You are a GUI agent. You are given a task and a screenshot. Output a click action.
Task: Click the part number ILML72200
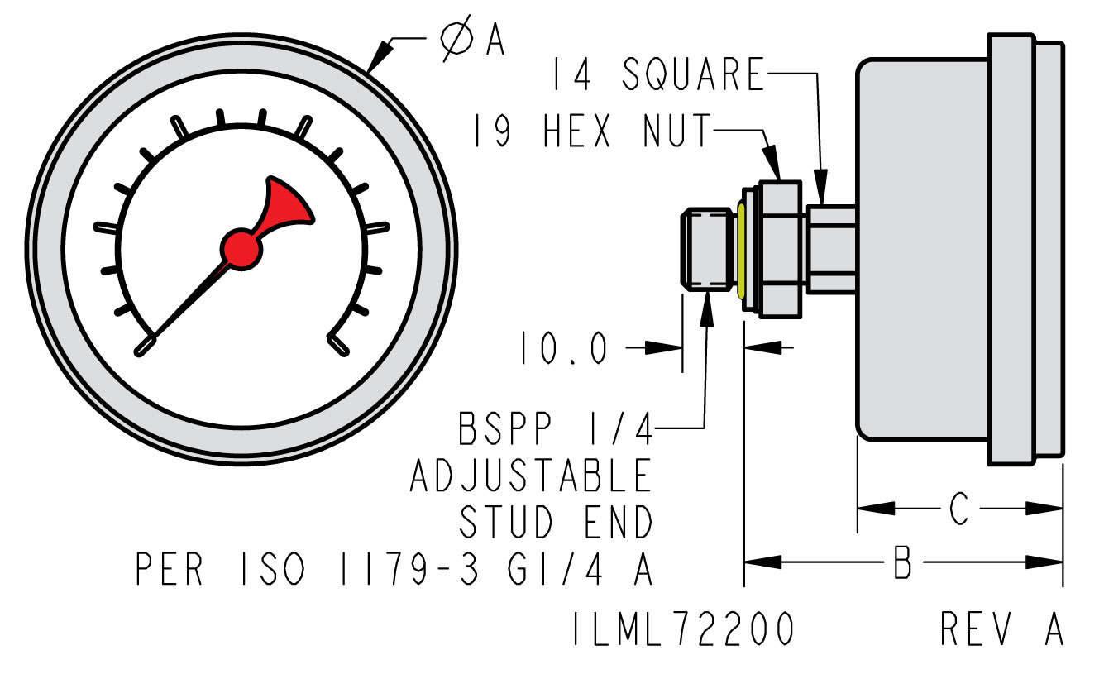[683, 629]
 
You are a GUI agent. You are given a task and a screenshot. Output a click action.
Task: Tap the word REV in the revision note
[976, 629]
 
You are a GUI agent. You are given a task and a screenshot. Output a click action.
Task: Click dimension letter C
[958, 509]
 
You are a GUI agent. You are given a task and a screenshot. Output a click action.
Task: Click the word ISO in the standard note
[275, 569]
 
